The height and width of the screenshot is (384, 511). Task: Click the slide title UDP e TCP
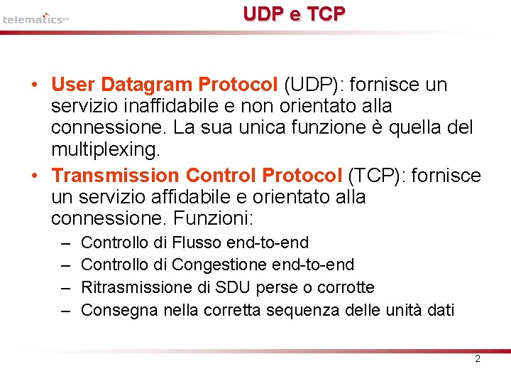294,14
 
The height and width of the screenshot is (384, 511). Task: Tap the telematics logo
35,18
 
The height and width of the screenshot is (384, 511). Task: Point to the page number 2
477,358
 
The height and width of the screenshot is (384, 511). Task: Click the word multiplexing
106,150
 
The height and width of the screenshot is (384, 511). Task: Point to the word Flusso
197,243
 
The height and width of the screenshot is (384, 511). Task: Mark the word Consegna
120,309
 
